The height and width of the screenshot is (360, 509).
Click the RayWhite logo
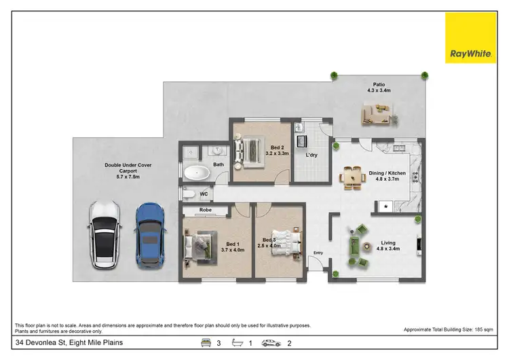[x=470, y=38]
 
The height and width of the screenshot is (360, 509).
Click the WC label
[x=204, y=195]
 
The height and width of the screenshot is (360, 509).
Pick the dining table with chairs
[x=353, y=178]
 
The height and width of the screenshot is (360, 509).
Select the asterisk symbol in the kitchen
[x=385, y=206]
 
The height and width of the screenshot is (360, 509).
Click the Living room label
[x=388, y=245]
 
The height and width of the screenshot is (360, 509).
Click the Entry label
[x=317, y=253]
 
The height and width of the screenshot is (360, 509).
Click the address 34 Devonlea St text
[x=69, y=344]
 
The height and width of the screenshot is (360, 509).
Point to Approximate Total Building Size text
[x=449, y=329]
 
